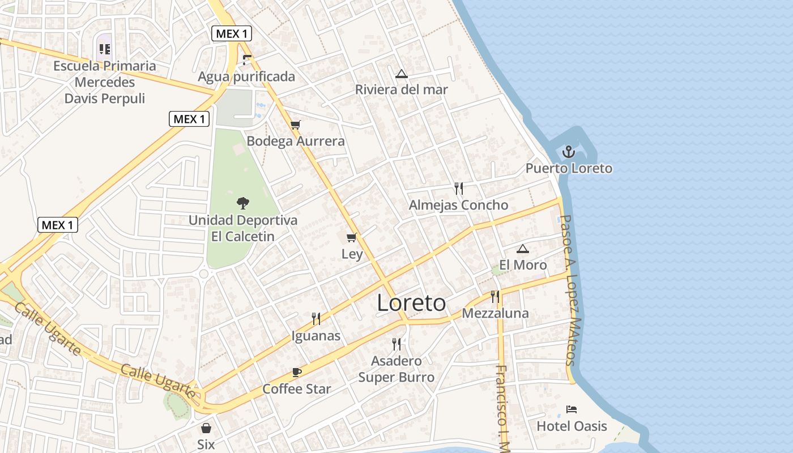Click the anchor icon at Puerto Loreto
(x=569, y=152)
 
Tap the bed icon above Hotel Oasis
(x=572, y=409)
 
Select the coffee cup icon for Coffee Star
(x=297, y=372)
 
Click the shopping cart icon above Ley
(x=352, y=237)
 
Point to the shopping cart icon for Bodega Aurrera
(x=295, y=125)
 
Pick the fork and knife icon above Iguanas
(x=316, y=319)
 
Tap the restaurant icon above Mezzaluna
(x=495, y=296)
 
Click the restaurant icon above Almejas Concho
(x=458, y=188)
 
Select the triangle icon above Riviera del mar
(x=402, y=73)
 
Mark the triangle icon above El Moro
(x=522, y=248)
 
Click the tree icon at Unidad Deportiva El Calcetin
(x=243, y=203)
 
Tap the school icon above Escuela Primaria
(x=105, y=49)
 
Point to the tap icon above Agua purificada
(x=246, y=59)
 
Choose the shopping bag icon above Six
(x=206, y=428)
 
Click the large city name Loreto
(x=411, y=304)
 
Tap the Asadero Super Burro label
(x=396, y=369)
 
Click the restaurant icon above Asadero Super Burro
(x=396, y=344)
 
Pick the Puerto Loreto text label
(x=569, y=168)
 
